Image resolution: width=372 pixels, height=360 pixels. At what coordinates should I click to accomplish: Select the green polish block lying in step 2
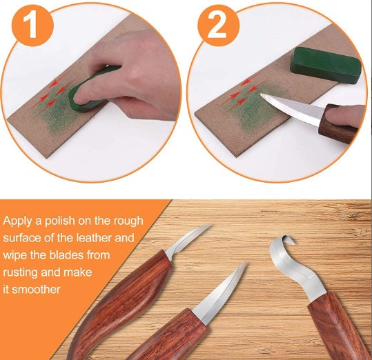(318, 63)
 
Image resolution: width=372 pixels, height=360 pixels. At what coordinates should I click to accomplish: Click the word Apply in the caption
(18, 221)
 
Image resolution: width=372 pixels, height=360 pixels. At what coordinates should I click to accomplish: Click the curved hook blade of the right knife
(283, 262)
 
